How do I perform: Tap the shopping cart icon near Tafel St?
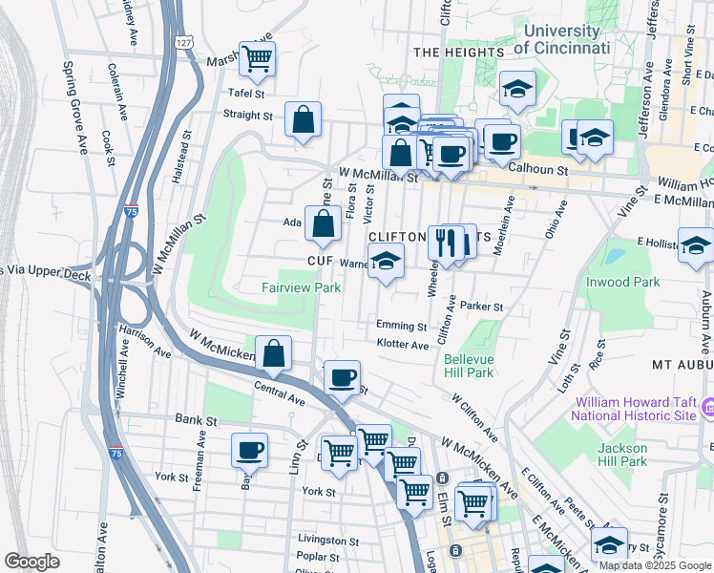(257, 59)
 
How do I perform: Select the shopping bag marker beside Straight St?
(303, 119)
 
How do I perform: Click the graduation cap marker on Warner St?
(385, 261)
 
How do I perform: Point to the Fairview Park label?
(302, 286)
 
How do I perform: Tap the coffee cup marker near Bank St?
(249, 449)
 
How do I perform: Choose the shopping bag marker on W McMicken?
(273, 352)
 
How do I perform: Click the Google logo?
(32, 562)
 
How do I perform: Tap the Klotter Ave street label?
(403, 345)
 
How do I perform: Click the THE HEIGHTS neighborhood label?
(458, 52)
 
